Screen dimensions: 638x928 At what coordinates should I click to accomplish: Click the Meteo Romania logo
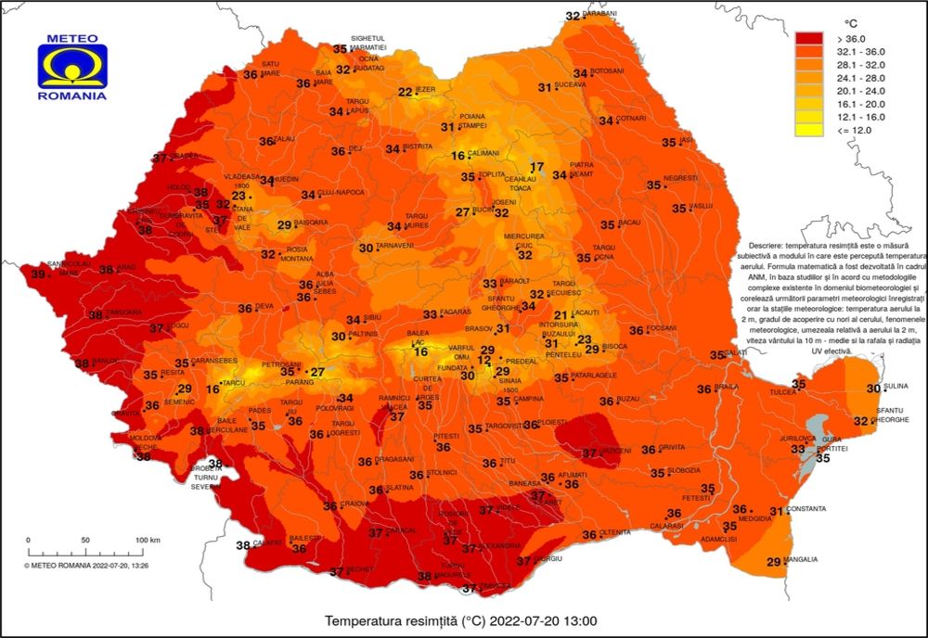[x=72, y=66]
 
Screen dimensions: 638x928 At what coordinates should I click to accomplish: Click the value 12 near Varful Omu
[x=483, y=360]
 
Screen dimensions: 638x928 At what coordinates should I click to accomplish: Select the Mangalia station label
[x=802, y=560]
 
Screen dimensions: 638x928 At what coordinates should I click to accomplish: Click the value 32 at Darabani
[x=573, y=16]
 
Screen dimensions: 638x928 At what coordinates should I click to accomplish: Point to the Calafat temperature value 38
[x=243, y=545]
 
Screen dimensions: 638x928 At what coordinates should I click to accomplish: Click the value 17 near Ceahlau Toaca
[x=536, y=167]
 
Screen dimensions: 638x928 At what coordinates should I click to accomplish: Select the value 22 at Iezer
[x=406, y=92]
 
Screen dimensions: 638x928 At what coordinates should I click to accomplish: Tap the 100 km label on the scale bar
[x=148, y=540]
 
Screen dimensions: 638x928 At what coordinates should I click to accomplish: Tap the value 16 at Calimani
[x=458, y=156]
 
